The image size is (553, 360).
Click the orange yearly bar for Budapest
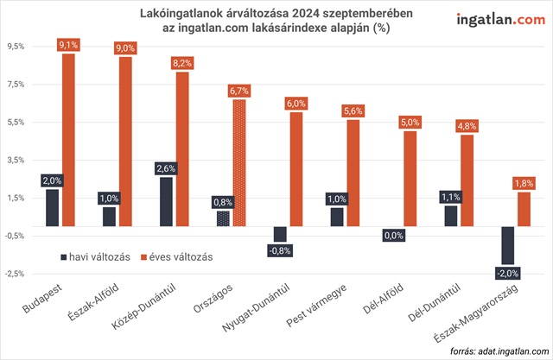pyautogui.click(x=68, y=138)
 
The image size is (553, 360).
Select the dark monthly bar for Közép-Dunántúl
pyautogui.click(x=166, y=201)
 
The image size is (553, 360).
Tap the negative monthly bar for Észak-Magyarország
pyautogui.click(x=508, y=245)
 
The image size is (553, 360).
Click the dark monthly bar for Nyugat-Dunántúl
pyautogui.click(x=280, y=234)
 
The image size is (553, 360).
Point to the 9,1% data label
pyautogui.click(x=68, y=44)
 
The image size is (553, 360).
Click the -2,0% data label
pyautogui.click(x=508, y=274)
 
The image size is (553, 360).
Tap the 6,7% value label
pyautogui.click(x=239, y=90)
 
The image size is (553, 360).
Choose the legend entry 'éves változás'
pyautogui.click(x=177, y=256)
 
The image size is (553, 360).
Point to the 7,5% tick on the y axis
pyautogui.click(x=16, y=84)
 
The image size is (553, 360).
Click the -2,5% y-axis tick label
pyautogui.click(x=15, y=274)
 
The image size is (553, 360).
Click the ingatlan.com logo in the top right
pyautogui.click(x=494, y=20)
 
